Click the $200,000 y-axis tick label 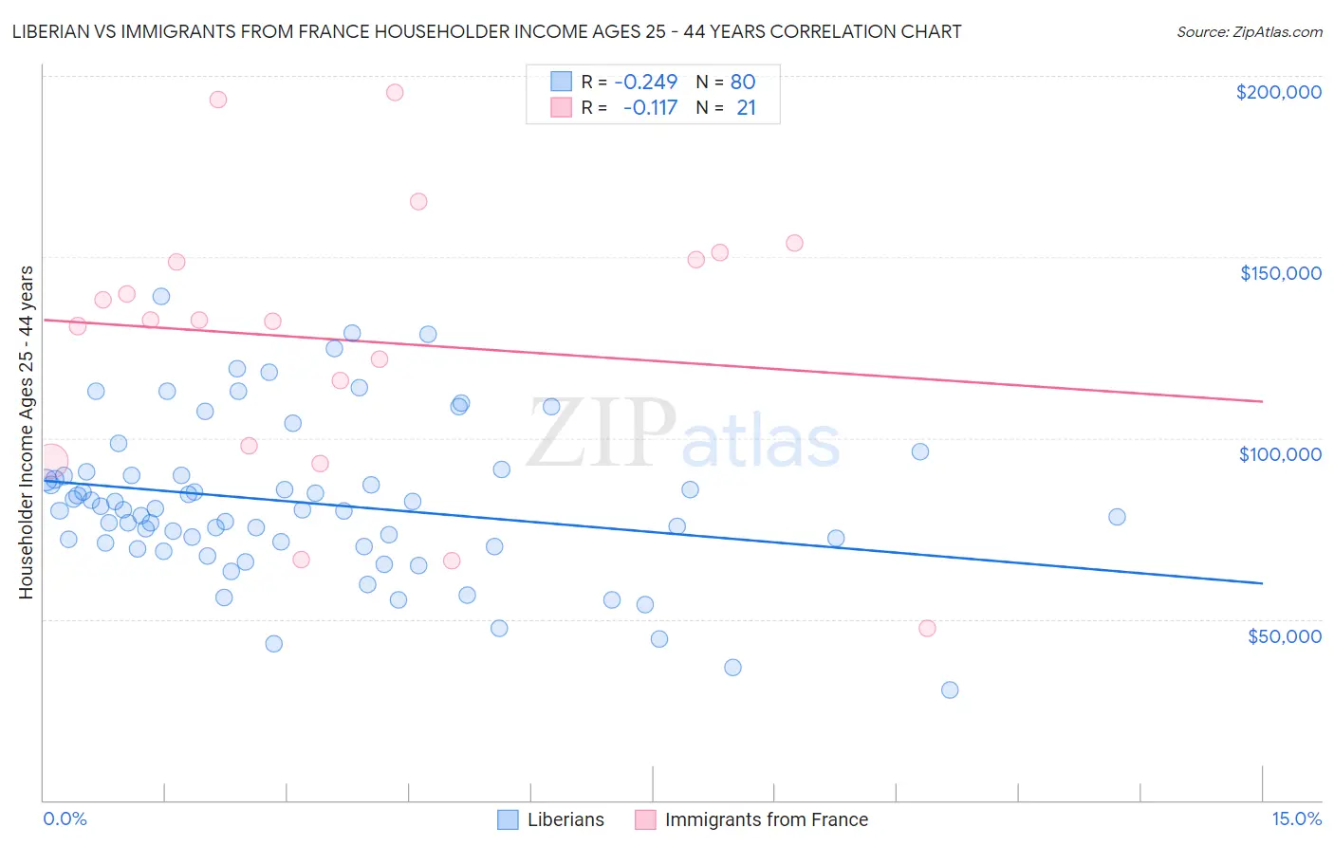pos(1278,92)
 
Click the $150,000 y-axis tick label pos(1280,273)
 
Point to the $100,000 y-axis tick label pos(1280,454)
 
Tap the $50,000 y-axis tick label pos(1284,635)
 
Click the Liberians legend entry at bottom pos(565,819)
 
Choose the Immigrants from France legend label pos(767,819)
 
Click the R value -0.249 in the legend pos(645,83)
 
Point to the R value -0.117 pos(650,108)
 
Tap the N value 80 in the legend pos(743,83)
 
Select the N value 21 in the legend pos(747,108)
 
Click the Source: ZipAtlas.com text pos(1249,32)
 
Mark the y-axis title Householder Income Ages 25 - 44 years pos(27,432)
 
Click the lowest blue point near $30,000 pos(950,690)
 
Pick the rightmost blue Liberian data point pos(1117,517)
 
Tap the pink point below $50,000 pos(927,628)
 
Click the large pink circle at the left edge pos(51,462)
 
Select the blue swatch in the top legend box pos(562,83)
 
